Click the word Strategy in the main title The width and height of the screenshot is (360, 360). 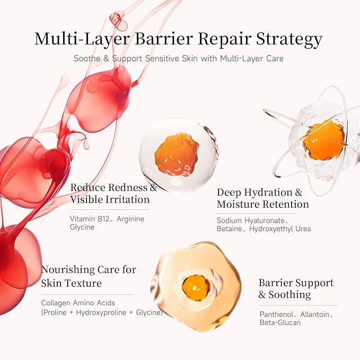pyautogui.click(x=289, y=39)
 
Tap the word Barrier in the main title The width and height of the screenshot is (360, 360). pyautogui.click(x=163, y=39)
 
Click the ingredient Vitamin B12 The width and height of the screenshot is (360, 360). pyautogui.click(x=90, y=219)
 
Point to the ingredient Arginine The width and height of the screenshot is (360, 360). pyautogui.click(x=130, y=219)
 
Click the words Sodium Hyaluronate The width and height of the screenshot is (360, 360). pyautogui.click(x=251, y=221)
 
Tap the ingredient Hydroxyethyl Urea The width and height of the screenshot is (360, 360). pyautogui.click(x=280, y=229)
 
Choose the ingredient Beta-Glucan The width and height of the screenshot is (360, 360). pyautogui.click(x=280, y=322)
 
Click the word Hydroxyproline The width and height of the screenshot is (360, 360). pyautogui.click(x=101, y=312)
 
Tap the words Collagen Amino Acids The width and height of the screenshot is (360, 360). pyautogui.click(x=78, y=303)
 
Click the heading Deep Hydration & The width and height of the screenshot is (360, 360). pyautogui.click(x=259, y=192)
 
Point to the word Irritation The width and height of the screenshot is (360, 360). pyautogui.click(x=128, y=199)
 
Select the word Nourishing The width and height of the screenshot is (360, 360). pyautogui.click(x=67, y=270)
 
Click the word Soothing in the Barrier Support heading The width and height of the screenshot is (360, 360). pyautogui.click(x=289, y=295)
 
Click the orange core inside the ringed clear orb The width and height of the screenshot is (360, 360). pyautogui.click(x=323, y=140)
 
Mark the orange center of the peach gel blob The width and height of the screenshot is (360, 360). pyautogui.click(x=196, y=288)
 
